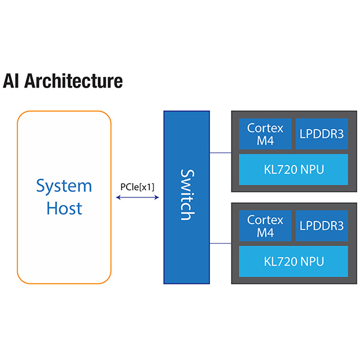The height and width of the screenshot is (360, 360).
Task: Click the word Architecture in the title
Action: point(74,81)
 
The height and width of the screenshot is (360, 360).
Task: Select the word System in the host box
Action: point(64,185)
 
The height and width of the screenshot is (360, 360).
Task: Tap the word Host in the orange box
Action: point(64,208)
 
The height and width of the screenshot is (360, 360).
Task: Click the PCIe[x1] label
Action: point(137,187)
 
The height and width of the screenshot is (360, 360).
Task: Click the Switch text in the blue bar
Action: point(187,194)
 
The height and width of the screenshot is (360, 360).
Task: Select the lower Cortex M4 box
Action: point(265,225)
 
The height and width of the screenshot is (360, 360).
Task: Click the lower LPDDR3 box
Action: point(322,225)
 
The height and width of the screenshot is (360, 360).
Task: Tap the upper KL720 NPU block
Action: point(293,169)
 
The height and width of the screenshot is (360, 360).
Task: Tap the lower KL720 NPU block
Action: point(293,261)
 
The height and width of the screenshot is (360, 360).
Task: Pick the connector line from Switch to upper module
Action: point(221,152)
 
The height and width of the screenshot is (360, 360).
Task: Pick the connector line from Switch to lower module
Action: point(221,244)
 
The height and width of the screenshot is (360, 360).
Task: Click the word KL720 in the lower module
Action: point(279,261)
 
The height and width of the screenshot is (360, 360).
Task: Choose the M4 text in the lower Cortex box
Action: point(265,232)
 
